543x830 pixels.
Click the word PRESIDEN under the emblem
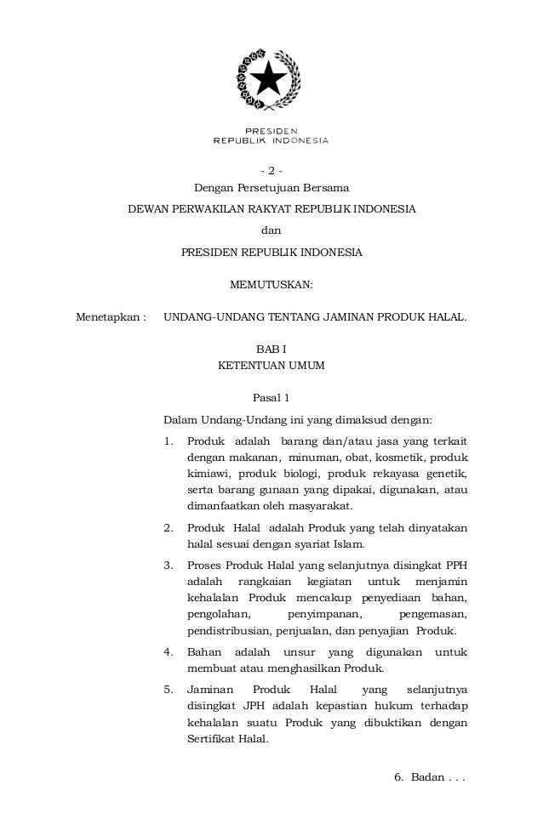tap(271, 131)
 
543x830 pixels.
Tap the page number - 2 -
tap(271, 168)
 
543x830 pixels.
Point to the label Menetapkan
tap(107, 318)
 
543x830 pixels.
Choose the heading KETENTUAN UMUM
tap(271, 367)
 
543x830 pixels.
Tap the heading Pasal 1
tap(271, 397)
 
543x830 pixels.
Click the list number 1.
tap(168, 442)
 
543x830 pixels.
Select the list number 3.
tap(168, 565)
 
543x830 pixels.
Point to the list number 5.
tap(168, 687)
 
